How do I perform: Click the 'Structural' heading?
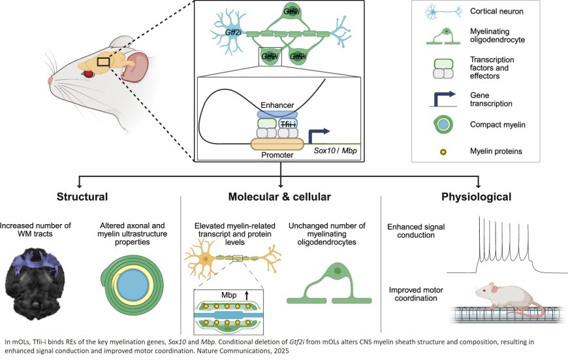[x=82, y=196]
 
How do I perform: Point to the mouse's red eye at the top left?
[x=87, y=74]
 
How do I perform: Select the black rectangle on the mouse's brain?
[x=103, y=62]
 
